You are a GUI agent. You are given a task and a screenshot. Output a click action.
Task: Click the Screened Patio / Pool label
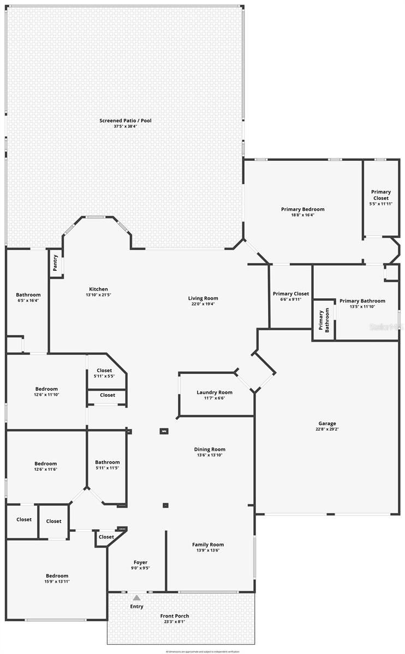[x=125, y=120]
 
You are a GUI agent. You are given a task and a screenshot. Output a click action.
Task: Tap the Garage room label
[x=327, y=423]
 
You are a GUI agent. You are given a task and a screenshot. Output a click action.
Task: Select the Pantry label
[x=55, y=264]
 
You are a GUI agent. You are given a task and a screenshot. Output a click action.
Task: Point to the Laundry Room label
[x=215, y=392]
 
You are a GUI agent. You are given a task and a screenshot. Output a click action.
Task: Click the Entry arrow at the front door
[x=136, y=598]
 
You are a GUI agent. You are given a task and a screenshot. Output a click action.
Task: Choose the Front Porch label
[x=175, y=616]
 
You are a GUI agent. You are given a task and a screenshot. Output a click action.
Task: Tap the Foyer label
[x=140, y=562]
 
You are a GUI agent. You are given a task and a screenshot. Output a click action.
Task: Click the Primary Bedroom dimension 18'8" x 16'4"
[x=302, y=215]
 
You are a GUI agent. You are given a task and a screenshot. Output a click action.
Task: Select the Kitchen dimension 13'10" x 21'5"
[x=99, y=295]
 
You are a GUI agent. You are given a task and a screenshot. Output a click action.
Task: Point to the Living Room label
[x=203, y=298]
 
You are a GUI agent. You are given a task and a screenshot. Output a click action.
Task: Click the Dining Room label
[x=210, y=450]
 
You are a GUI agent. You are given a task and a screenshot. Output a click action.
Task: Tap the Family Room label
[x=208, y=544]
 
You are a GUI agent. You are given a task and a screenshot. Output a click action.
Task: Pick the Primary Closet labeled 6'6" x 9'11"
[x=290, y=294]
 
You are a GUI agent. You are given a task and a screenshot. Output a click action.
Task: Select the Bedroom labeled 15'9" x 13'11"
[x=57, y=576]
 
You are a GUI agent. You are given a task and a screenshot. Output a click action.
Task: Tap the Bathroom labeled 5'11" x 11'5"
[x=107, y=462]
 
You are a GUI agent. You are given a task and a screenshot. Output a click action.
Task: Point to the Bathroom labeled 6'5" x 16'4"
[x=28, y=295]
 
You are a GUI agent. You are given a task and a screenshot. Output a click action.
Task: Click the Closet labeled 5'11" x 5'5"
[x=104, y=371]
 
